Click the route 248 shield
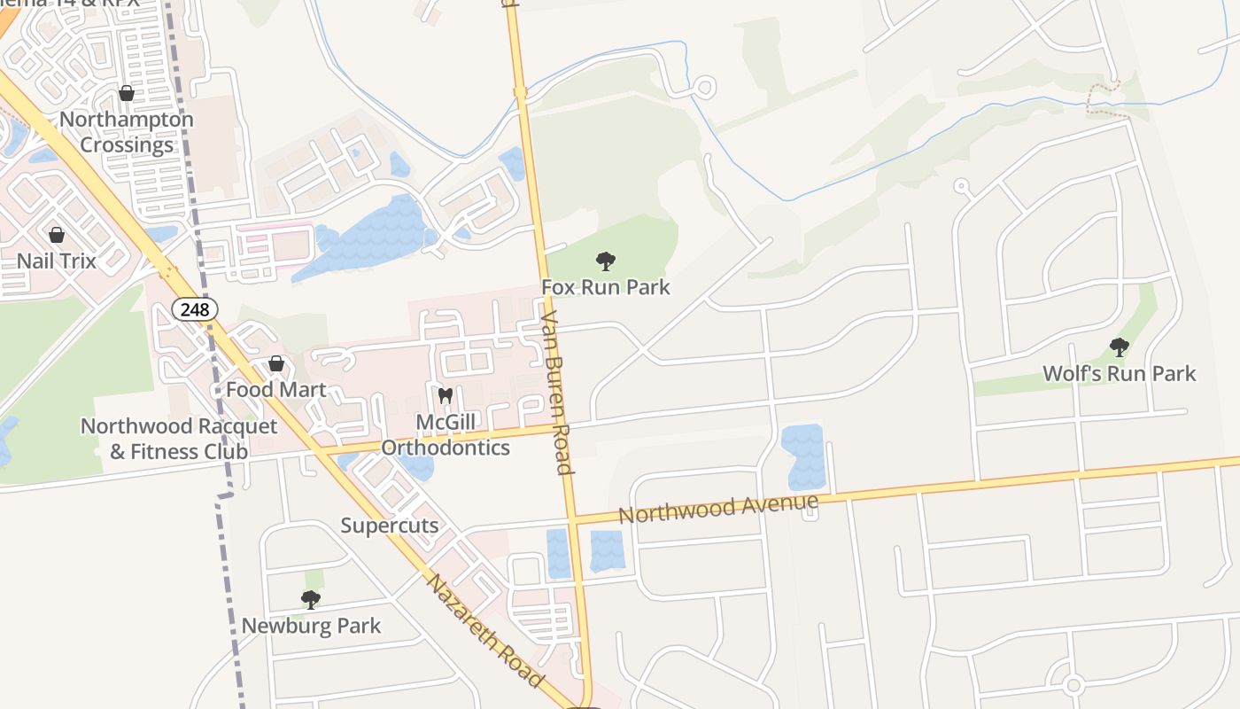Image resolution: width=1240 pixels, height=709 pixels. coord(194,309)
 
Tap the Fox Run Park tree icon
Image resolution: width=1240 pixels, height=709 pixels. coord(606,261)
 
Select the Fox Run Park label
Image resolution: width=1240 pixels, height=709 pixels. coord(606,287)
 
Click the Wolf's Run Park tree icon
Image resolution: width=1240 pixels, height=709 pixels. coord(1120,347)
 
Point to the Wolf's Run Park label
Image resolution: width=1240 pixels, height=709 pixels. coord(1120,373)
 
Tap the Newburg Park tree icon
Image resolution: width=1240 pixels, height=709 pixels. coord(311,600)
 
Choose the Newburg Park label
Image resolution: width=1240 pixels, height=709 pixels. coord(311,626)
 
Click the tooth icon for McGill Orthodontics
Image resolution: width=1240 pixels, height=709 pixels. coord(446,396)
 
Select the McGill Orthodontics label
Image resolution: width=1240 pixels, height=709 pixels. coord(446,435)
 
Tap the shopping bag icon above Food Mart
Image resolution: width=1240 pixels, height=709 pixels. coord(276,363)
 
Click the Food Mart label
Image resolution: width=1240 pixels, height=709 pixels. coord(276,390)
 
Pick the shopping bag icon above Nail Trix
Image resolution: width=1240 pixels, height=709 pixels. coord(57,235)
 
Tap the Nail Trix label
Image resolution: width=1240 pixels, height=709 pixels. coord(57,261)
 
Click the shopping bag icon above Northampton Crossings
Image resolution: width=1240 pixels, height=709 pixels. coord(127,93)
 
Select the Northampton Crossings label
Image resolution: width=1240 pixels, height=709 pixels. coord(127,132)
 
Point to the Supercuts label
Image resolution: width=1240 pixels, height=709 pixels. coord(390,526)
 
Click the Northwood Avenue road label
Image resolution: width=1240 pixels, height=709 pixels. coord(717,509)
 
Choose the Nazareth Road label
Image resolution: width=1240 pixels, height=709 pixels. coord(484,630)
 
